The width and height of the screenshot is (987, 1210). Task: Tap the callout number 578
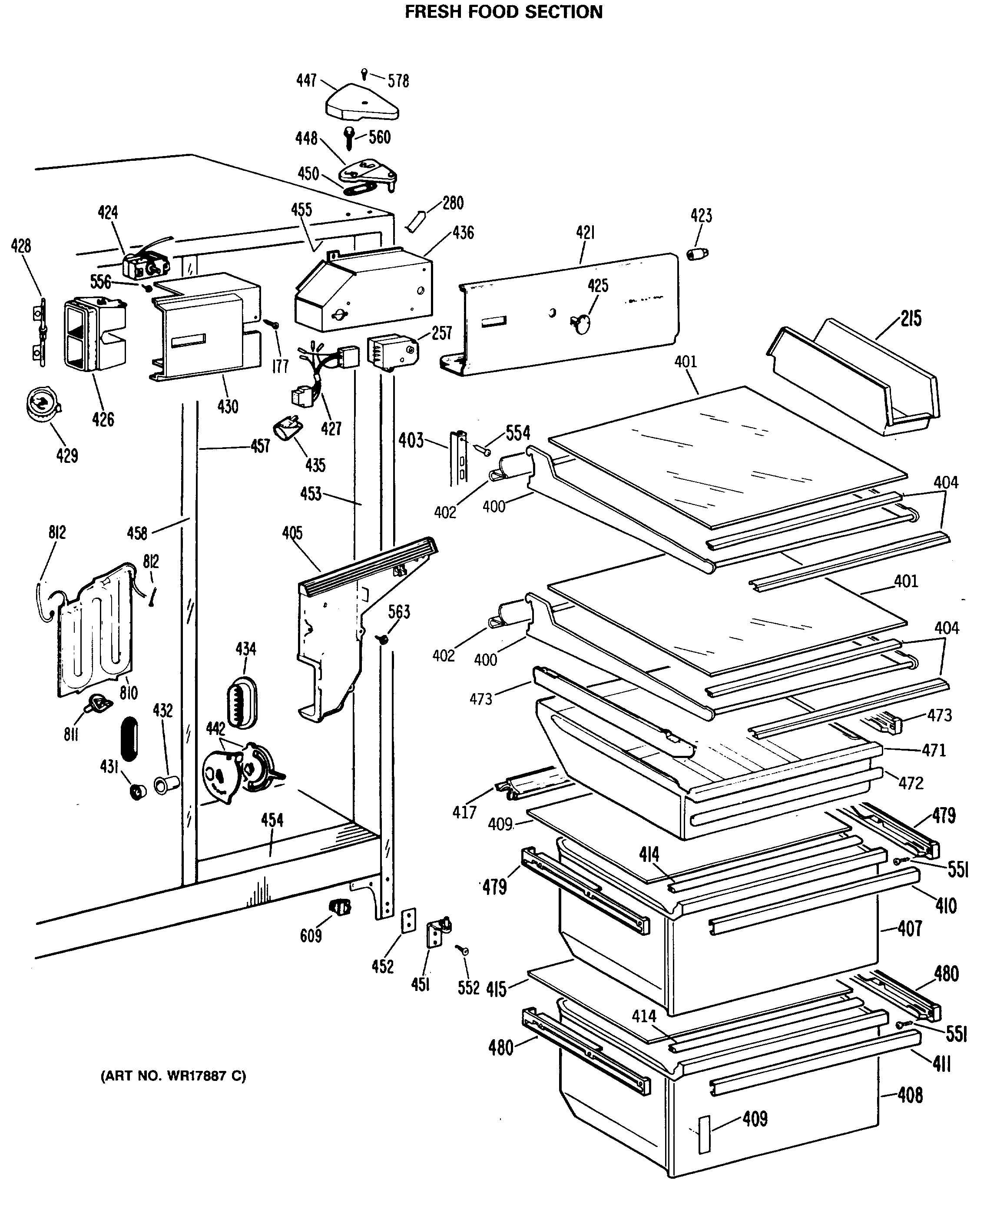(398, 81)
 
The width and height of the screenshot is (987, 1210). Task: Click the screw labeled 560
(349, 137)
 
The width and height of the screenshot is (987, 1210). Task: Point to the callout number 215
(911, 319)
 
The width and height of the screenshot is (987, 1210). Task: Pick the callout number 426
(103, 420)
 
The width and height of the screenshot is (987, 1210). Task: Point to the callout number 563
(399, 612)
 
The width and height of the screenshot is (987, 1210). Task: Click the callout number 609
(311, 935)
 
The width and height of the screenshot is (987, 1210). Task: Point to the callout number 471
(934, 750)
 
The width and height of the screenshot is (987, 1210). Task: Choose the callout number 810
(129, 693)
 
